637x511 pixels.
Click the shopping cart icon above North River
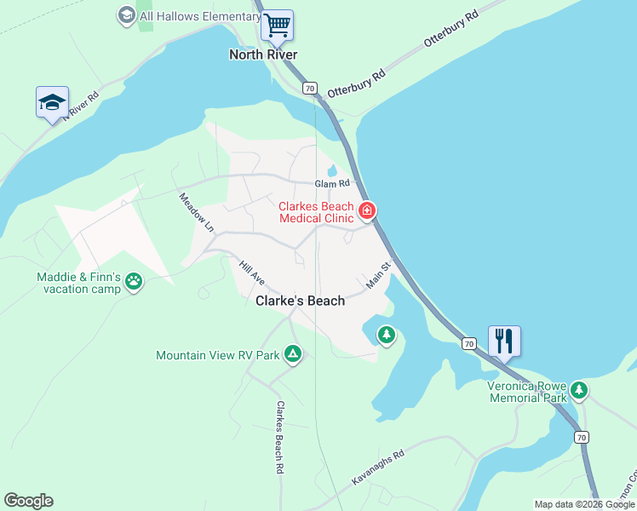(x=277, y=25)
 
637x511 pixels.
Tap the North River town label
(x=263, y=55)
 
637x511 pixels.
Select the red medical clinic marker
(x=367, y=210)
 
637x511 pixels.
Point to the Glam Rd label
(x=332, y=183)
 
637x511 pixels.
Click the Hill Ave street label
(x=253, y=273)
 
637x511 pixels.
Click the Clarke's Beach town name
(x=301, y=301)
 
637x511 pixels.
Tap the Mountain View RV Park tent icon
(x=292, y=353)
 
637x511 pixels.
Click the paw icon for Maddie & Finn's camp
(x=134, y=281)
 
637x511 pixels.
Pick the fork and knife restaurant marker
(x=504, y=341)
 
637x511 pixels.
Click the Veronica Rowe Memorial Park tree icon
(x=579, y=390)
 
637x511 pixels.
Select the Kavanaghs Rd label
(x=379, y=468)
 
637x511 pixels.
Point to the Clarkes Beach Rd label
(x=278, y=436)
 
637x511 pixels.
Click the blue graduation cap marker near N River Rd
(x=52, y=102)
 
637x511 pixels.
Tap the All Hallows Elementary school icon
(x=127, y=14)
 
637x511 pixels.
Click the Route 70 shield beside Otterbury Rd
(x=309, y=88)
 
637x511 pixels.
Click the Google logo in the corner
(x=28, y=501)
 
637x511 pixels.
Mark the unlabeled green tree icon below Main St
(x=387, y=335)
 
